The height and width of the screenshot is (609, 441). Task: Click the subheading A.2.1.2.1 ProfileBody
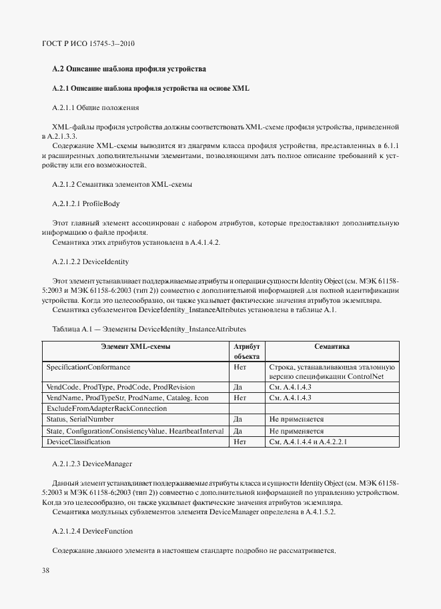[86, 203]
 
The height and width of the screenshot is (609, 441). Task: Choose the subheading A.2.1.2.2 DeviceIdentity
[91, 261]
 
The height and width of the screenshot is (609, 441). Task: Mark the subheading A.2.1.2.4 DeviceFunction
[92, 531]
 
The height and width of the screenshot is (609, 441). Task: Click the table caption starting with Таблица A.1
[148, 330]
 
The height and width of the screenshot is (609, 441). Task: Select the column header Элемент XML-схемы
[135, 347]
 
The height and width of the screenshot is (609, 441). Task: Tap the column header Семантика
[332, 347]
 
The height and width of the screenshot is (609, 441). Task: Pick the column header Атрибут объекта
[246, 352]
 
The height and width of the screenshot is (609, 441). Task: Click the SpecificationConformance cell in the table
[88, 367]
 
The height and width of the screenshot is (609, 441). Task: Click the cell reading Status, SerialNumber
[80, 419]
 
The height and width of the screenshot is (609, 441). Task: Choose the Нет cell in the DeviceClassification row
[240, 441]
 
